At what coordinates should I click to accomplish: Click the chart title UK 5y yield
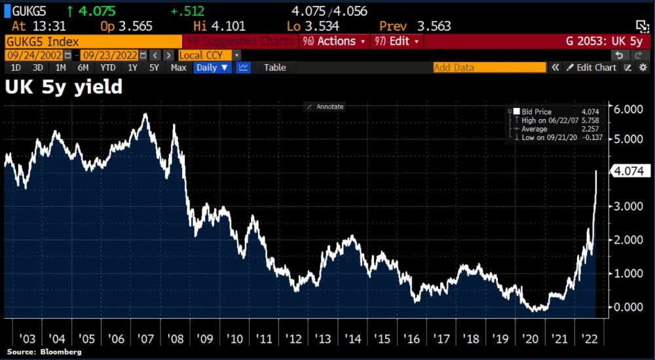click(64, 86)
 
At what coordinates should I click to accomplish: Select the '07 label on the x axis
click(145, 338)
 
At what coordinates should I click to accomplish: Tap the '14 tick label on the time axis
click(352, 338)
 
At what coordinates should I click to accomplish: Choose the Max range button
click(178, 67)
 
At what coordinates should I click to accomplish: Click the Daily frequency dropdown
click(212, 67)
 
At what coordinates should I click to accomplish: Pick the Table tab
click(274, 67)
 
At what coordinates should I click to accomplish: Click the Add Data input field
click(489, 67)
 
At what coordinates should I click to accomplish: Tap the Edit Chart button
click(591, 67)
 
